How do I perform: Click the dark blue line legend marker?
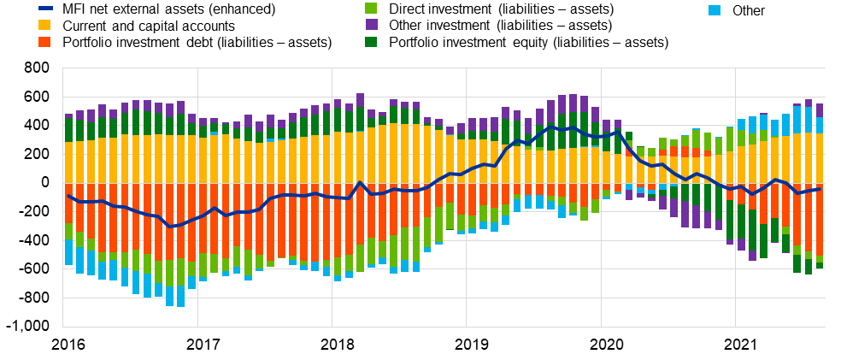(45, 8)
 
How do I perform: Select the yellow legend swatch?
(44, 25)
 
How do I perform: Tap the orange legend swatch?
(44, 42)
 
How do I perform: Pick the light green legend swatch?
(371, 8)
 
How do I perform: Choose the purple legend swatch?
(371, 25)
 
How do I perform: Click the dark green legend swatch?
(371, 42)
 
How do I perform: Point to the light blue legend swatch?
(715, 10)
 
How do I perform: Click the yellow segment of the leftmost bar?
(68, 162)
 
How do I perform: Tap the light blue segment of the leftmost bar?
(68, 252)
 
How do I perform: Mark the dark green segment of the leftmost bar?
(68, 130)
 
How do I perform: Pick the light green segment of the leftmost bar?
(68, 232)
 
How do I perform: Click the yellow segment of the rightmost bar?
(820, 158)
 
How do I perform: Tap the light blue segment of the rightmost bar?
(820, 125)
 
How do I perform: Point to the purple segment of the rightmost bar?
(820, 110)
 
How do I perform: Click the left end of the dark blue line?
(68, 196)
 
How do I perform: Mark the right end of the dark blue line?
(820, 188)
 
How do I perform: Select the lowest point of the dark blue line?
(170, 227)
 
